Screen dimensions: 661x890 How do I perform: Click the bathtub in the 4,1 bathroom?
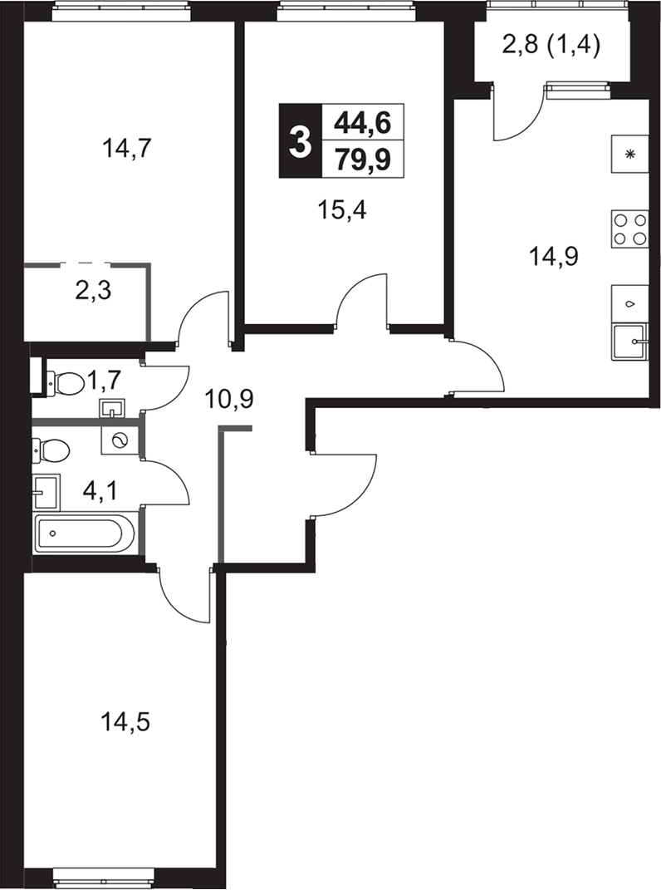coord(85,534)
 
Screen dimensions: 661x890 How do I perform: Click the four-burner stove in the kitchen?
coord(629,229)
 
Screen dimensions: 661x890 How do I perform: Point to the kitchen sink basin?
coord(629,342)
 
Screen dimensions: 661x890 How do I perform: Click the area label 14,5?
coord(125,724)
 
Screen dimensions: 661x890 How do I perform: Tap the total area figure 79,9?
coord(363,159)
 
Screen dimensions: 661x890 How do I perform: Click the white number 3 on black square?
coord(300,140)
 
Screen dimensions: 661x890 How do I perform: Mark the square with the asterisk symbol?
coord(629,154)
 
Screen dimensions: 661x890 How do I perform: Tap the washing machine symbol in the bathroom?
coord(119,440)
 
